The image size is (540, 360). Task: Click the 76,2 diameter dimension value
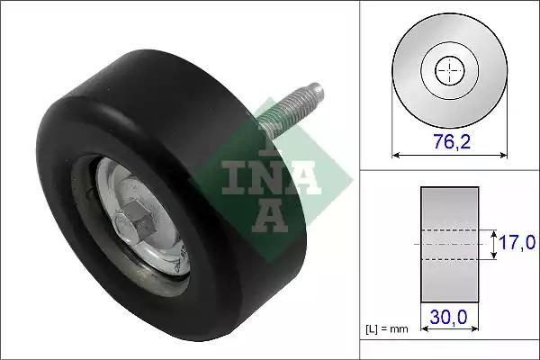[452, 141]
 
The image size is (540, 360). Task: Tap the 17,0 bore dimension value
[517, 242]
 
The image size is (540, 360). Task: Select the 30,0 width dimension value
[448, 317]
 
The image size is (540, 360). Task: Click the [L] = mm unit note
[387, 329]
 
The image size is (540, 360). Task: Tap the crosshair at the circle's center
[450, 70]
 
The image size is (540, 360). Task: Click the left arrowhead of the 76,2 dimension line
[396, 156]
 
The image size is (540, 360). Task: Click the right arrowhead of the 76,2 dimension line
[503, 156]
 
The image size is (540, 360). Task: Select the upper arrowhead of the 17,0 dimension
[494, 235]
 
